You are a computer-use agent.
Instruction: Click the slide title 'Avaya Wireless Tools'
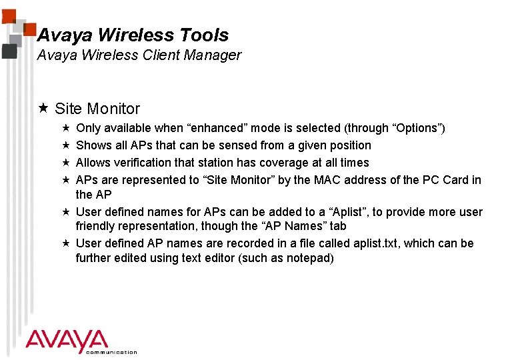133,35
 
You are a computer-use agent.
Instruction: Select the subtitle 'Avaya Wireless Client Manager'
139,55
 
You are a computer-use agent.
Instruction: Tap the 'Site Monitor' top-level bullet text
97,109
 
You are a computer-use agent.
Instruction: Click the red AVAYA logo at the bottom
67,341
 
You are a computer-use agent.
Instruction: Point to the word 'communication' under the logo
111,352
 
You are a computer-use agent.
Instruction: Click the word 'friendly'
95,227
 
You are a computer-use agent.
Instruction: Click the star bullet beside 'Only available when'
65,127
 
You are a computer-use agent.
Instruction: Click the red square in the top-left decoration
29,27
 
